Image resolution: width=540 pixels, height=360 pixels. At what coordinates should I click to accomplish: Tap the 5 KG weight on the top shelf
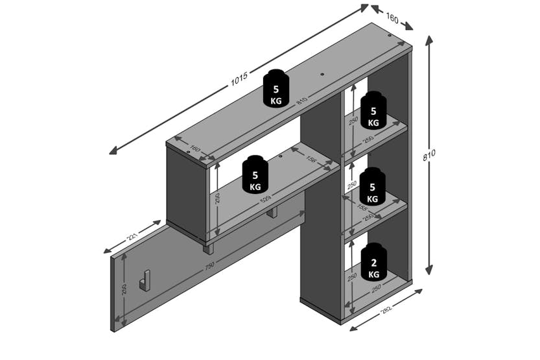click(x=276, y=89)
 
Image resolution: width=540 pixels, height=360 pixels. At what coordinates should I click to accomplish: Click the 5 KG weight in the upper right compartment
click(x=373, y=110)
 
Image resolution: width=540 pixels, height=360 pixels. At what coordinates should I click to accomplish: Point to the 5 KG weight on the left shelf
click(x=255, y=174)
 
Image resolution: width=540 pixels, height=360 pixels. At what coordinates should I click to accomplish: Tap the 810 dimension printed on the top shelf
click(x=301, y=101)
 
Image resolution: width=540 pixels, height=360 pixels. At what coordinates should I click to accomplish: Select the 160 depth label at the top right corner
click(x=392, y=19)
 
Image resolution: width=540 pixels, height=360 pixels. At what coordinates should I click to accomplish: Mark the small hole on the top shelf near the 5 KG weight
click(x=322, y=75)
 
